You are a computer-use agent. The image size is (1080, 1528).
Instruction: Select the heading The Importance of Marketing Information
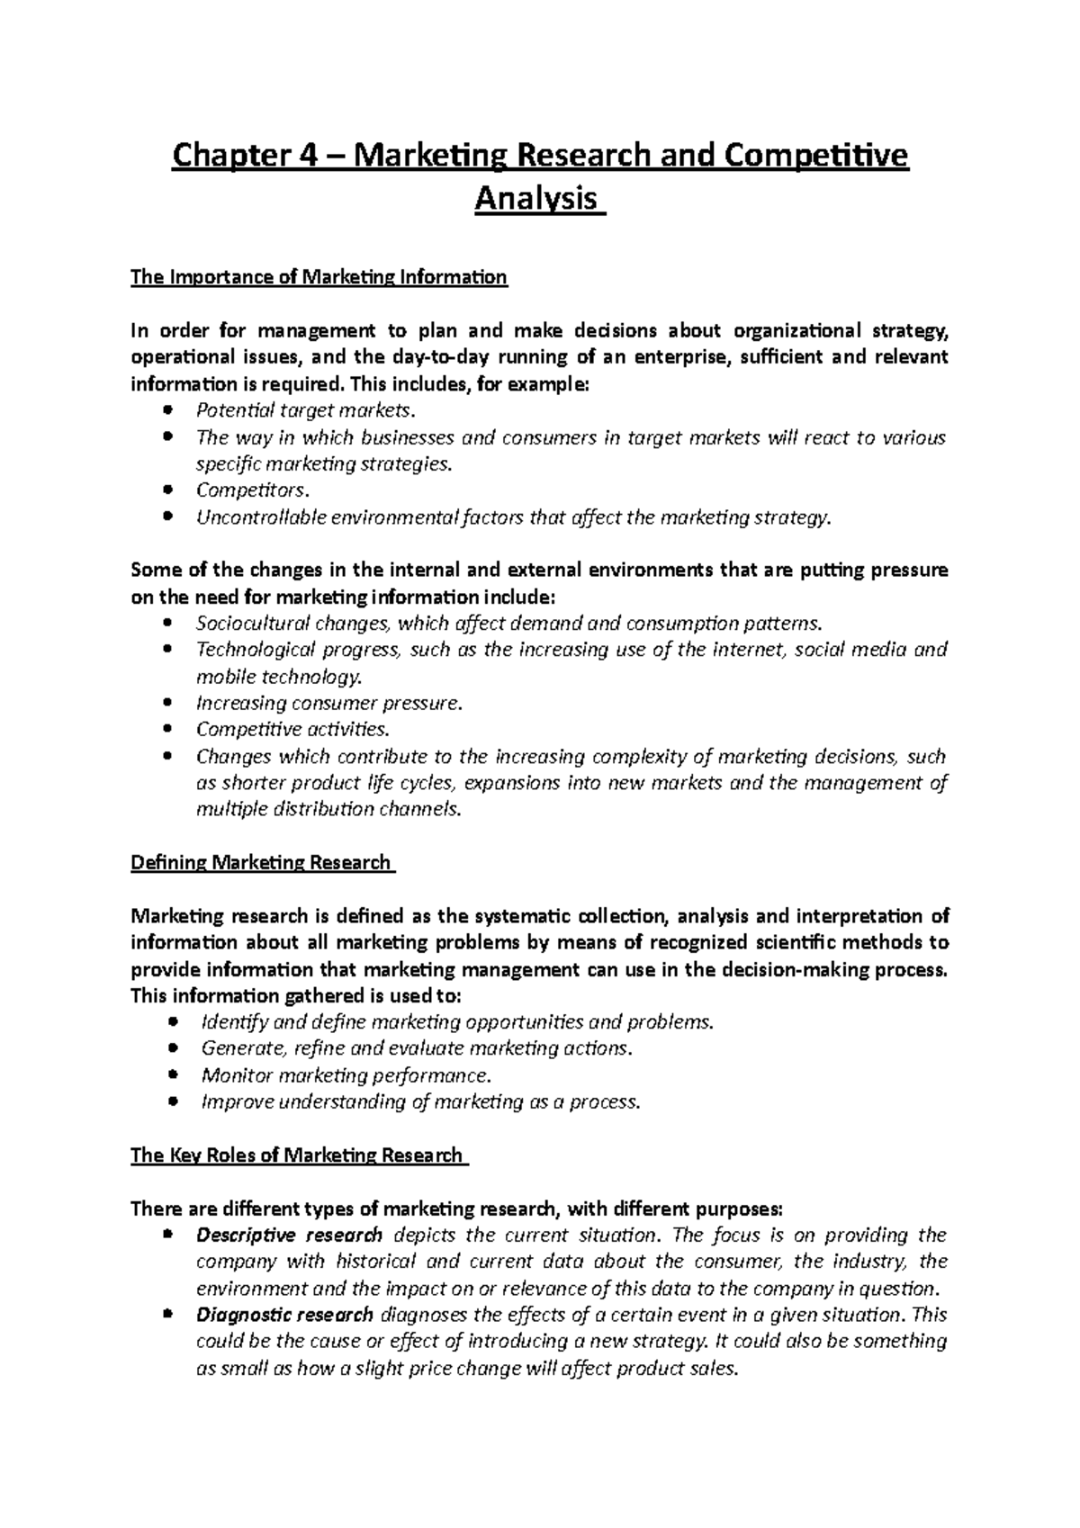pos(319,277)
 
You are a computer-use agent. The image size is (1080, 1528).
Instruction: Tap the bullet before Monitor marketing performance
pos(175,1075)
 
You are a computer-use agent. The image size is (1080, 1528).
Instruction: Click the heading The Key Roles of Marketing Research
pos(297,1155)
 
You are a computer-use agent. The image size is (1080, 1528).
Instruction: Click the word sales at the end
pos(714,1369)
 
